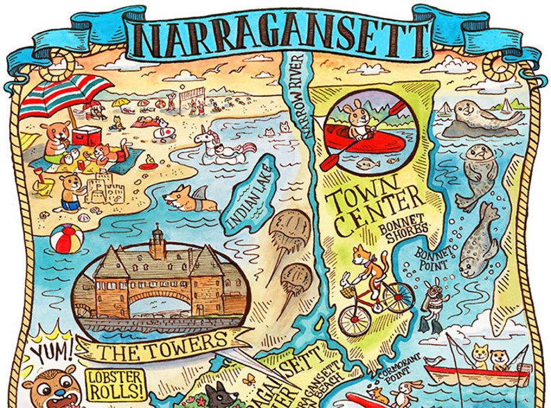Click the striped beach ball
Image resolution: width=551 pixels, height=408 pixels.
[x=67, y=239]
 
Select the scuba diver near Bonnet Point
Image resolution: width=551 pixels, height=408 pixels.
[x=433, y=302]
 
